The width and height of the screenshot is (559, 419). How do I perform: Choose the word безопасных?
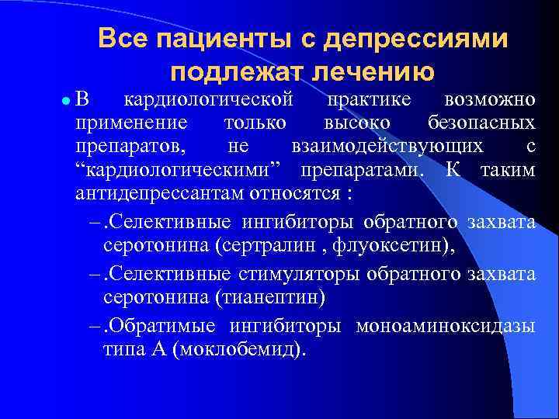[x=481, y=123]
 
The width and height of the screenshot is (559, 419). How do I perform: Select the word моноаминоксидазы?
[x=446, y=326]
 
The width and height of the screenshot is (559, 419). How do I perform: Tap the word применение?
[x=131, y=123]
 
